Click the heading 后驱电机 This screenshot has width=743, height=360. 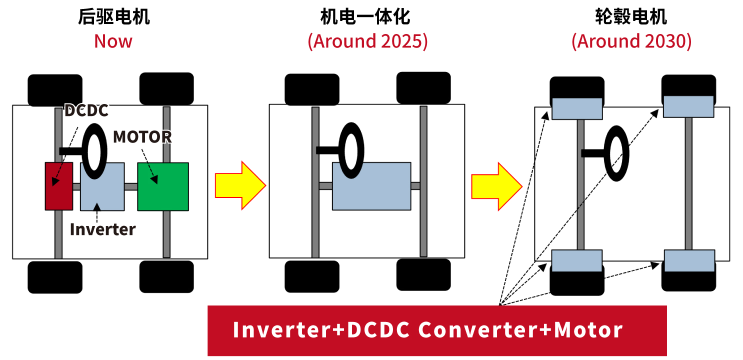coord(113,17)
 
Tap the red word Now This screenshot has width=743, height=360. coord(113,41)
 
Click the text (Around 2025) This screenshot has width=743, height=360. coord(367,41)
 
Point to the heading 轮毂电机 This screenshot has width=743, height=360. coord(631,17)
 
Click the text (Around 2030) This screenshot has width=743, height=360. coord(631,41)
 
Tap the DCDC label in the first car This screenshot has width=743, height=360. coord(86,110)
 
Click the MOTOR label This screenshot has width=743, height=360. coord(142,136)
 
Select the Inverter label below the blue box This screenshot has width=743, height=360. coord(102,229)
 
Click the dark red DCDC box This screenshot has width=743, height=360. coord(58,186)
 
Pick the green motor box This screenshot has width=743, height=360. coord(163,186)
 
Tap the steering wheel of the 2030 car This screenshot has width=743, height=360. coord(616,153)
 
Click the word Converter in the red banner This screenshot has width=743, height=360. coord(478,329)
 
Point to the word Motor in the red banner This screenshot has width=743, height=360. coord(588,329)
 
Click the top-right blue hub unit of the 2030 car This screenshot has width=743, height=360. coord(688,106)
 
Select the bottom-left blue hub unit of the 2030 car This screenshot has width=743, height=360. coord(576,260)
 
